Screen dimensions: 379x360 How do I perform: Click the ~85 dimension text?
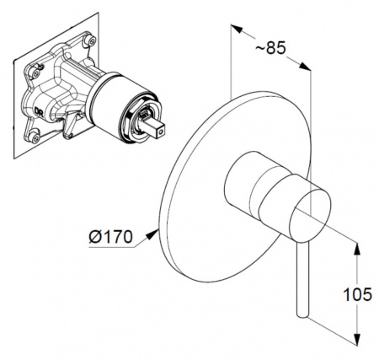[x=270, y=48]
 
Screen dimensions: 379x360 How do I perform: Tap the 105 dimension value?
[x=357, y=294]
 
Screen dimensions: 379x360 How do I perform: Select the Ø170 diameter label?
[x=110, y=237]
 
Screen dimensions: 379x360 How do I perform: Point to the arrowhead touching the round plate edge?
[x=153, y=234]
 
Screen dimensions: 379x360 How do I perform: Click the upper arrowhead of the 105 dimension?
[x=357, y=249]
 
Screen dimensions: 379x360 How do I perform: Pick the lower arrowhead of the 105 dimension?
[x=357, y=339]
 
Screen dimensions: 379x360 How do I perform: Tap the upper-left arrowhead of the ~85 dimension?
[x=237, y=29]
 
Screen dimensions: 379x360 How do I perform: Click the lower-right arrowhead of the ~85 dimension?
[x=305, y=67]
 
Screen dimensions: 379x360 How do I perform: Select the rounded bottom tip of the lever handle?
[x=303, y=314]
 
